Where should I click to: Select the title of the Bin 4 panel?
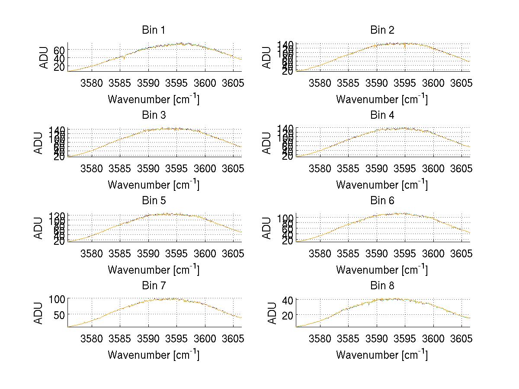pyautogui.click(x=382, y=115)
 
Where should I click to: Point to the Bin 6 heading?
pyautogui.click(x=382, y=201)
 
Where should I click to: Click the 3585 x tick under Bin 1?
pyautogui.click(x=120, y=82)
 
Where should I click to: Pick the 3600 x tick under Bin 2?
pyautogui.click(x=433, y=82)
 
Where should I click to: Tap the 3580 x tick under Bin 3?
pyautogui.click(x=92, y=168)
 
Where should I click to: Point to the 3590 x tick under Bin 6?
pyautogui.click(x=377, y=253)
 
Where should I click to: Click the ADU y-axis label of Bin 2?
pyautogui.click(x=267, y=57)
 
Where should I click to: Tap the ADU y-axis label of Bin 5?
pyautogui.click(x=39, y=228)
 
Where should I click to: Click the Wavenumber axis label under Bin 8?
pyautogui.click(x=382, y=355)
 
